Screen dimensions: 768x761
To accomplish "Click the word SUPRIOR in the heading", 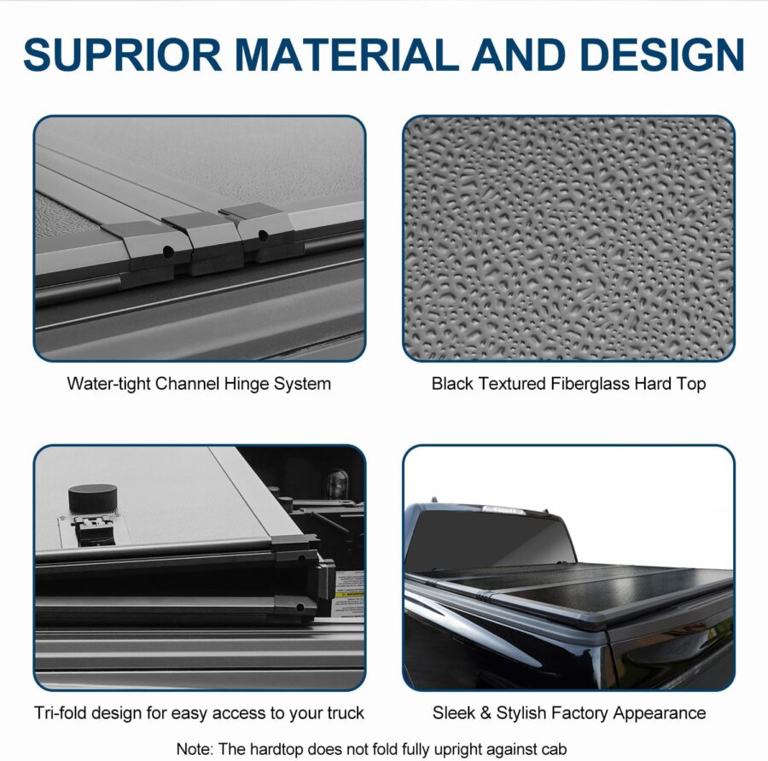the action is click(x=122, y=54).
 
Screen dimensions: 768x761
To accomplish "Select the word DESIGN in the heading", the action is click(x=661, y=54).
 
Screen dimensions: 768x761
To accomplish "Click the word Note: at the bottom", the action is click(x=195, y=749).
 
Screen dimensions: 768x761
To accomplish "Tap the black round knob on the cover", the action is click(x=92, y=498).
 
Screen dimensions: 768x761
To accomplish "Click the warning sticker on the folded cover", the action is click(x=350, y=594).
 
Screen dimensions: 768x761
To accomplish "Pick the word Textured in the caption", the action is click(x=512, y=383).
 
